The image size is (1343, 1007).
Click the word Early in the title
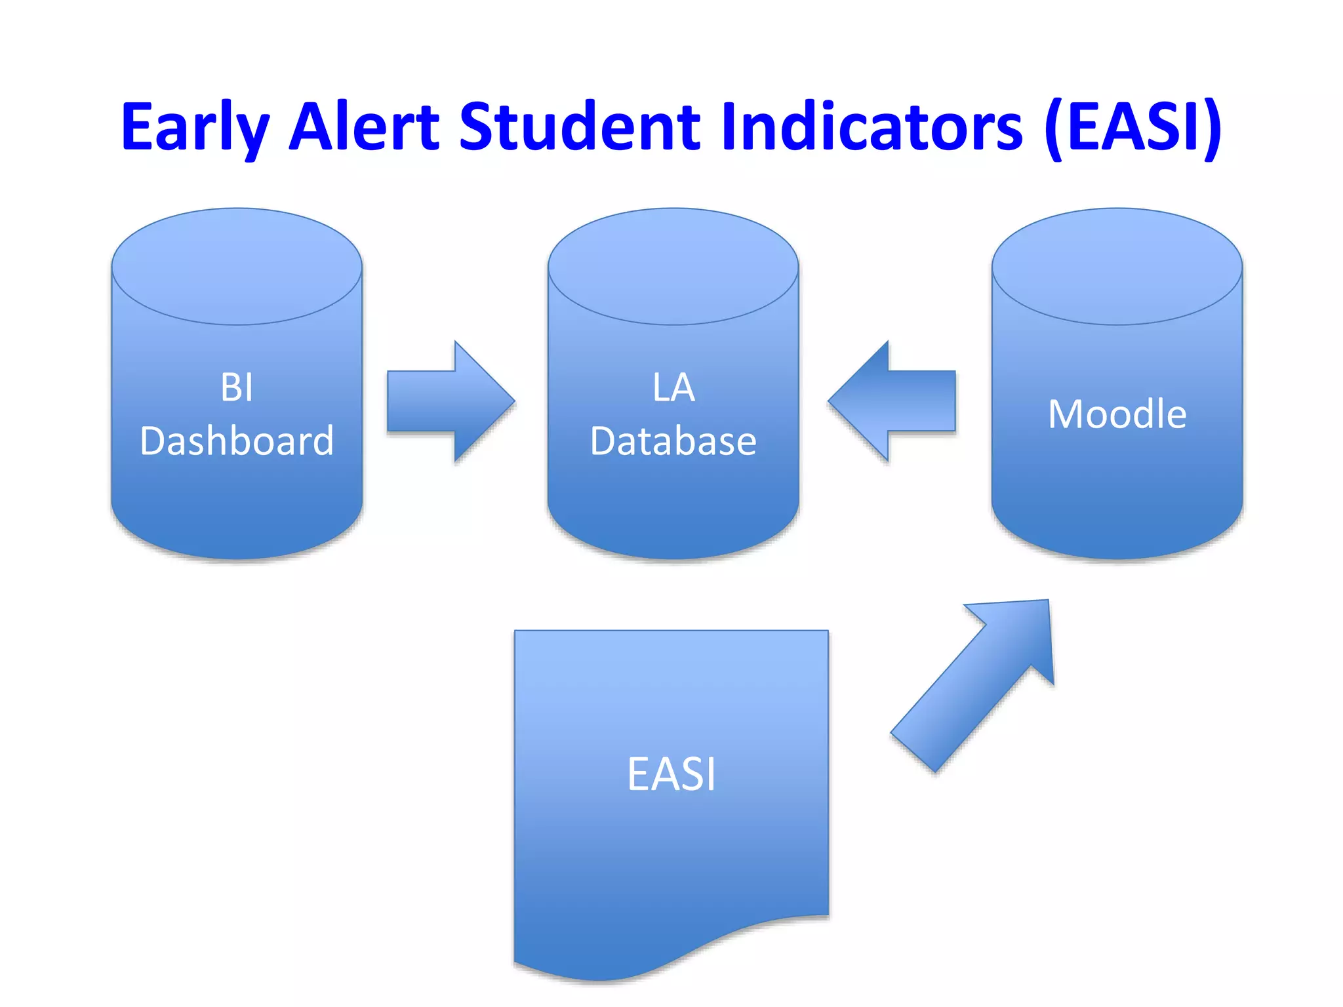pyautogui.click(x=195, y=127)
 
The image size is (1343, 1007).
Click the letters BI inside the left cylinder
pyautogui.click(x=237, y=387)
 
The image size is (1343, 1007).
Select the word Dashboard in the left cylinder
pyautogui.click(x=237, y=441)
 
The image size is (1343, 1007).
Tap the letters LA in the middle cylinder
pyautogui.click(x=673, y=387)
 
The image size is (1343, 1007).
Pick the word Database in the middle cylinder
pyautogui.click(x=673, y=441)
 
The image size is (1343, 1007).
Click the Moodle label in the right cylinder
pyautogui.click(x=1117, y=414)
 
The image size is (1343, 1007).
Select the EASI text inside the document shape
pyautogui.click(x=671, y=774)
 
